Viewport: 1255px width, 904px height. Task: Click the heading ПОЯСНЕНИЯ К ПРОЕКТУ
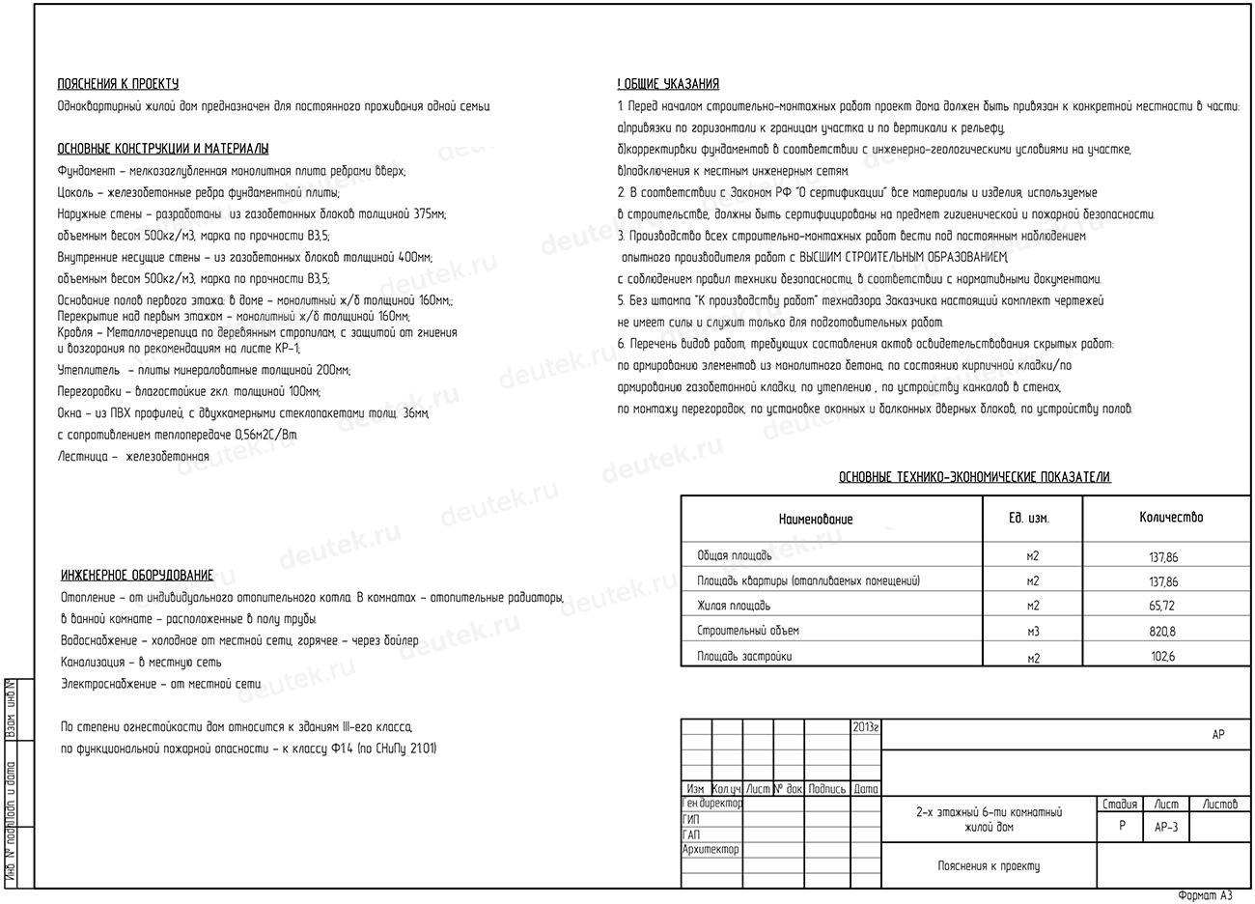(x=118, y=84)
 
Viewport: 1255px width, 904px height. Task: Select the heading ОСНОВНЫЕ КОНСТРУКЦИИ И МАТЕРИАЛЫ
(x=163, y=149)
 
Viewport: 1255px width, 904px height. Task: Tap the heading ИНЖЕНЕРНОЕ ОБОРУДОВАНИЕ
(x=137, y=576)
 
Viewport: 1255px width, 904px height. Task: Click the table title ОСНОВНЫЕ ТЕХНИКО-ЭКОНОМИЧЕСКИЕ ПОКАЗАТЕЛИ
(x=974, y=477)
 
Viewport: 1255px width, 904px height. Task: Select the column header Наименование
(x=816, y=520)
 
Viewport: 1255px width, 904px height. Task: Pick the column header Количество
(x=1171, y=518)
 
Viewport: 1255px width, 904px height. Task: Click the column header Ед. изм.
(x=1029, y=519)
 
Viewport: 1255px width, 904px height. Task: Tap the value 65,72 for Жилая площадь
(x=1163, y=607)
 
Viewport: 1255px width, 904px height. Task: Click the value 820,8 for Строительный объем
(x=1163, y=632)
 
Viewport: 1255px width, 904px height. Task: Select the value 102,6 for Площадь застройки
(x=1163, y=658)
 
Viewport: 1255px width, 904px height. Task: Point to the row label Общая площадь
(x=735, y=556)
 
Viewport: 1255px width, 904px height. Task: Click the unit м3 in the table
(x=1033, y=632)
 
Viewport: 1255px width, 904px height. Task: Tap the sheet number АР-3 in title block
(x=1166, y=828)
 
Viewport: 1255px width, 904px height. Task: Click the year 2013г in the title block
(x=865, y=727)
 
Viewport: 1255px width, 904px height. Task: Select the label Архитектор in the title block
(x=711, y=850)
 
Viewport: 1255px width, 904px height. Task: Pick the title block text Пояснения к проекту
(x=989, y=866)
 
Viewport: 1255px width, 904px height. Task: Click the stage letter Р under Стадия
(x=1122, y=827)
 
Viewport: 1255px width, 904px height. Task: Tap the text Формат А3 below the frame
(x=1205, y=896)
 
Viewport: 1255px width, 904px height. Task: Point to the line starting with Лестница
(x=133, y=457)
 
